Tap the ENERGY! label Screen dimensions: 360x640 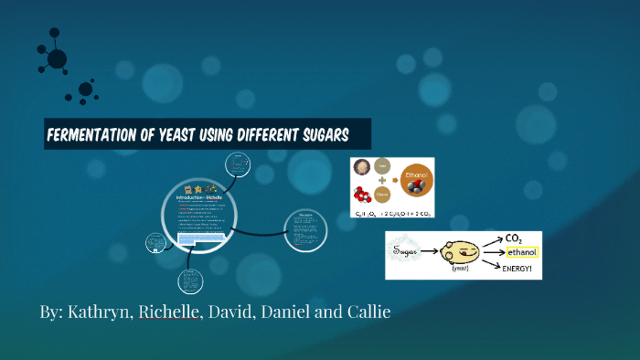coord(518,268)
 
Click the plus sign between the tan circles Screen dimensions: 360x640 coord(383,181)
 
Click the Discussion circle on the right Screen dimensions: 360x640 coord(304,228)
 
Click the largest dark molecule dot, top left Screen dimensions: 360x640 coord(57,59)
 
